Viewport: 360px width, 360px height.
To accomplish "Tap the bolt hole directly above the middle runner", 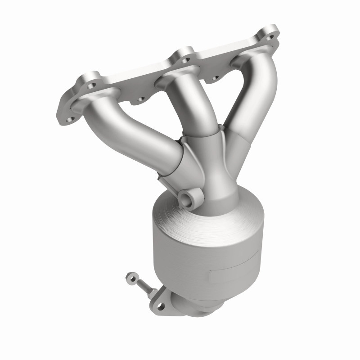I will pyautogui.click(x=184, y=56).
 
